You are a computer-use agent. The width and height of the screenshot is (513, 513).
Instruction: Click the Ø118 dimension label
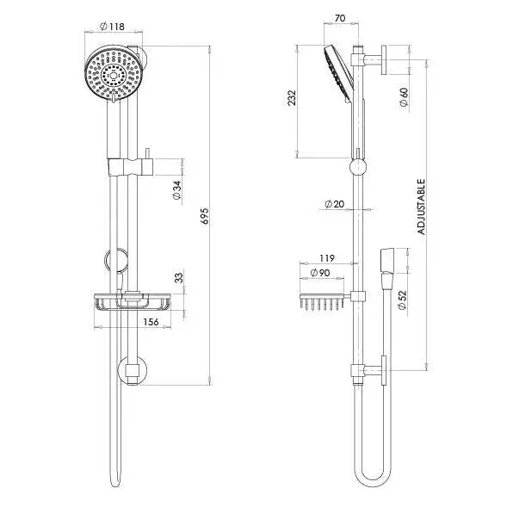[112, 26]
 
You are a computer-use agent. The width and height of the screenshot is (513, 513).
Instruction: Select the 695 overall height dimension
[205, 215]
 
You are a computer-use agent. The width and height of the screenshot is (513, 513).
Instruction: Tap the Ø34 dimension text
[176, 190]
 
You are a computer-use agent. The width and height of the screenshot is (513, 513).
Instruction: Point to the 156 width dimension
[151, 322]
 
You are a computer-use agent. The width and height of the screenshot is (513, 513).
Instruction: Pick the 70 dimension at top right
[341, 16]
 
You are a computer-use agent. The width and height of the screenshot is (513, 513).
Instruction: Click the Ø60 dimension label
[403, 96]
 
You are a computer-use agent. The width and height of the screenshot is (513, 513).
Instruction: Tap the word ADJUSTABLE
[421, 207]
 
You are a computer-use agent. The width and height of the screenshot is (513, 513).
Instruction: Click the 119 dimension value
[326, 257]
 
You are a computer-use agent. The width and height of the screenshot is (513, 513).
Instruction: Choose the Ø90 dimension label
[320, 273]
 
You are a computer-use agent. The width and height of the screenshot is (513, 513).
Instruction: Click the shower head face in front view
[109, 75]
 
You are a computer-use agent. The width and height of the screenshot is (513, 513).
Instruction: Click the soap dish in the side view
[323, 303]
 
